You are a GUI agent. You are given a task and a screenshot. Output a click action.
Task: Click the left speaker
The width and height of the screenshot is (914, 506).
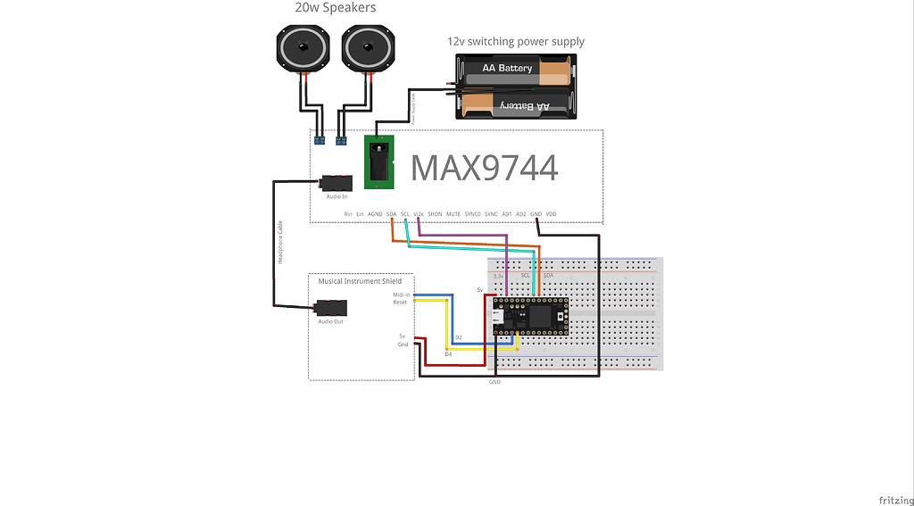(303, 48)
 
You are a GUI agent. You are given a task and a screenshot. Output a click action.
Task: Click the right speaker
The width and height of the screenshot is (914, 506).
(366, 48)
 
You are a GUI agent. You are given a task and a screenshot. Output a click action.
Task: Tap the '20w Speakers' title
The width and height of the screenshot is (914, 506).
(335, 8)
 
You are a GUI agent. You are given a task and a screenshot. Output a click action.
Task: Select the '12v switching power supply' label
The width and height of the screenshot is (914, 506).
(515, 41)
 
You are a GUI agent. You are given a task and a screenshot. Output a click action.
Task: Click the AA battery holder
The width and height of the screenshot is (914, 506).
(515, 87)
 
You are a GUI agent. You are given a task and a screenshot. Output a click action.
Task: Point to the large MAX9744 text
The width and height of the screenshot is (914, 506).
(484, 168)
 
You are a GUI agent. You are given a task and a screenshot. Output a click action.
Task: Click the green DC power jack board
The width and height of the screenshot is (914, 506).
(378, 162)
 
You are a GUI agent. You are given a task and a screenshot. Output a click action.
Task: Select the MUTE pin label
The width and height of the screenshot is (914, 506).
(453, 214)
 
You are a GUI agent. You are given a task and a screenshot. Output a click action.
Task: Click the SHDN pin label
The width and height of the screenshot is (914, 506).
(435, 214)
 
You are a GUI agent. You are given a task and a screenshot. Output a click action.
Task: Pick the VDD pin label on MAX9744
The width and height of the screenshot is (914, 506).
(551, 214)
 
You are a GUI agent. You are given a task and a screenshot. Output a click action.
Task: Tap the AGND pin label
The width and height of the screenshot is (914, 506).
(375, 214)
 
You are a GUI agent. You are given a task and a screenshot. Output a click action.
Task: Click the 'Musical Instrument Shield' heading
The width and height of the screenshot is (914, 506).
(360, 281)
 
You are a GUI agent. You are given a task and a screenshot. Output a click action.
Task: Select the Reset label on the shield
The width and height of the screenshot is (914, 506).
(400, 303)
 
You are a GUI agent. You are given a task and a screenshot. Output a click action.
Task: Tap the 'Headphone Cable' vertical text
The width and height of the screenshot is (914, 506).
(280, 241)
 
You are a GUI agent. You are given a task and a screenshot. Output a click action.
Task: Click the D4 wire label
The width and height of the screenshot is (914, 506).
(448, 354)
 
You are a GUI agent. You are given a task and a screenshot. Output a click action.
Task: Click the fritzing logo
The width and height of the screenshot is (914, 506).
(894, 498)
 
